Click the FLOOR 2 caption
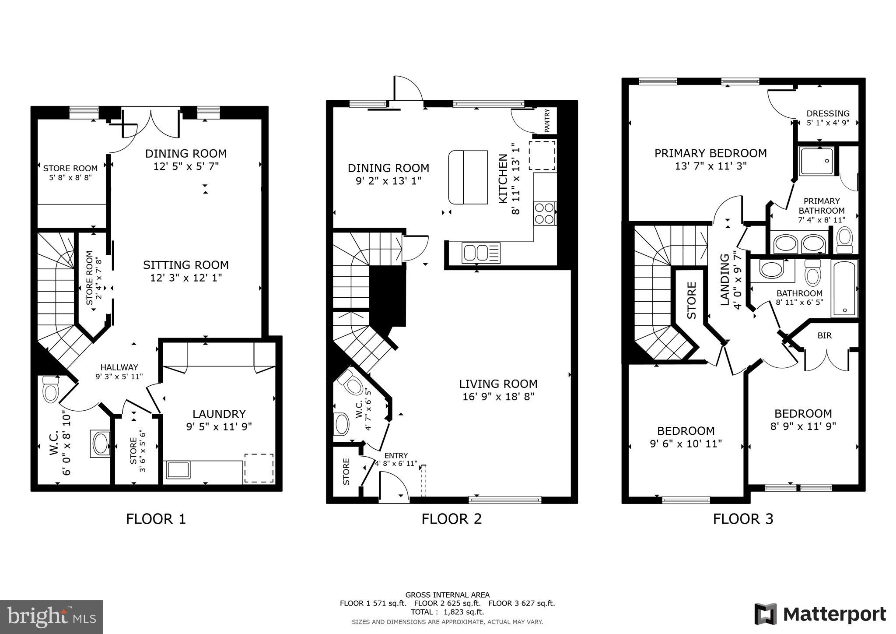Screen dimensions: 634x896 click(451, 519)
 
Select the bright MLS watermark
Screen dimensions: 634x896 click(51, 617)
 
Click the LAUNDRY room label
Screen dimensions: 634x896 click(219, 414)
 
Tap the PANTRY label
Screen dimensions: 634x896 click(547, 121)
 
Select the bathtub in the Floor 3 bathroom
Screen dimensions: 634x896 click(844, 288)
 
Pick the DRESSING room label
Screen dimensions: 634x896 click(828, 113)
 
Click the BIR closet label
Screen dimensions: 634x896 click(825, 336)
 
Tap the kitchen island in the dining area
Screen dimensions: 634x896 click(468, 177)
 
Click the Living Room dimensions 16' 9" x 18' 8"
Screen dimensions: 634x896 click(498, 397)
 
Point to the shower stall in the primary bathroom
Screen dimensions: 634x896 click(816, 161)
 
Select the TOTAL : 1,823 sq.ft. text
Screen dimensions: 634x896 click(447, 612)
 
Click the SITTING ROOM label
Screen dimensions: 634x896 click(186, 265)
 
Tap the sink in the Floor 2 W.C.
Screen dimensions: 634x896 click(342, 424)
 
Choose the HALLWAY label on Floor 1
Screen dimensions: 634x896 click(119, 367)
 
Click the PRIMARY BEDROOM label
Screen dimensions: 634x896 click(710, 153)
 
